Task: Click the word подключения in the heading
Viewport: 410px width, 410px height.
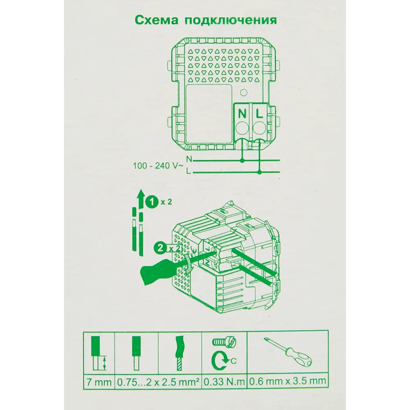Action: click(x=228, y=20)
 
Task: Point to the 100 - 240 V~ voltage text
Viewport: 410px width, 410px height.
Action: click(x=157, y=167)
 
